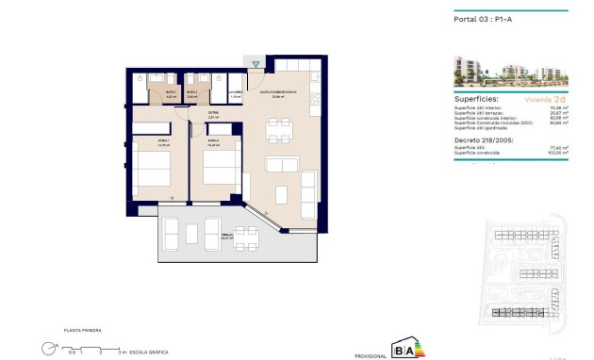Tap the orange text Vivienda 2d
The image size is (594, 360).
pos(545,98)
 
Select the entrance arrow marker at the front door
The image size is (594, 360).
pos(255,64)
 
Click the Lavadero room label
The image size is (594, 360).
pos(236,92)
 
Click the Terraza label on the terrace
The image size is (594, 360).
pos(226,237)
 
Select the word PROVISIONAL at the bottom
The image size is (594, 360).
pos(371,355)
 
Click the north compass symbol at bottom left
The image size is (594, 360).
pos(48,348)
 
